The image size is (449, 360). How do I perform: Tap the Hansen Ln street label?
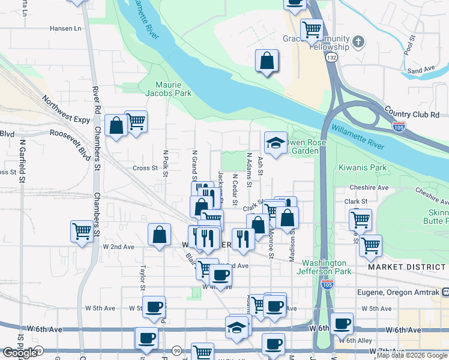(65, 28)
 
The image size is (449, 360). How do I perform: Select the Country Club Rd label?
(412, 114)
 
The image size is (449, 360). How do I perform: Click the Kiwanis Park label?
(363, 167)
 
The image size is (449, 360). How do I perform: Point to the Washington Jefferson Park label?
(324, 267)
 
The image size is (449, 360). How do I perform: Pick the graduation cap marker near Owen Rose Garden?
(275, 143)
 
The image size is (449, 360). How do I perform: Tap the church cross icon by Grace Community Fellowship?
(359, 41)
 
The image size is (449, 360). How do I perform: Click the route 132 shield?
(331, 58)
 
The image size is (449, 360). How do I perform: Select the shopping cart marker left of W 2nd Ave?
(82, 230)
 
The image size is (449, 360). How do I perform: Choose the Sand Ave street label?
(421, 70)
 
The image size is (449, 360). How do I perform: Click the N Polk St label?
(166, 162)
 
